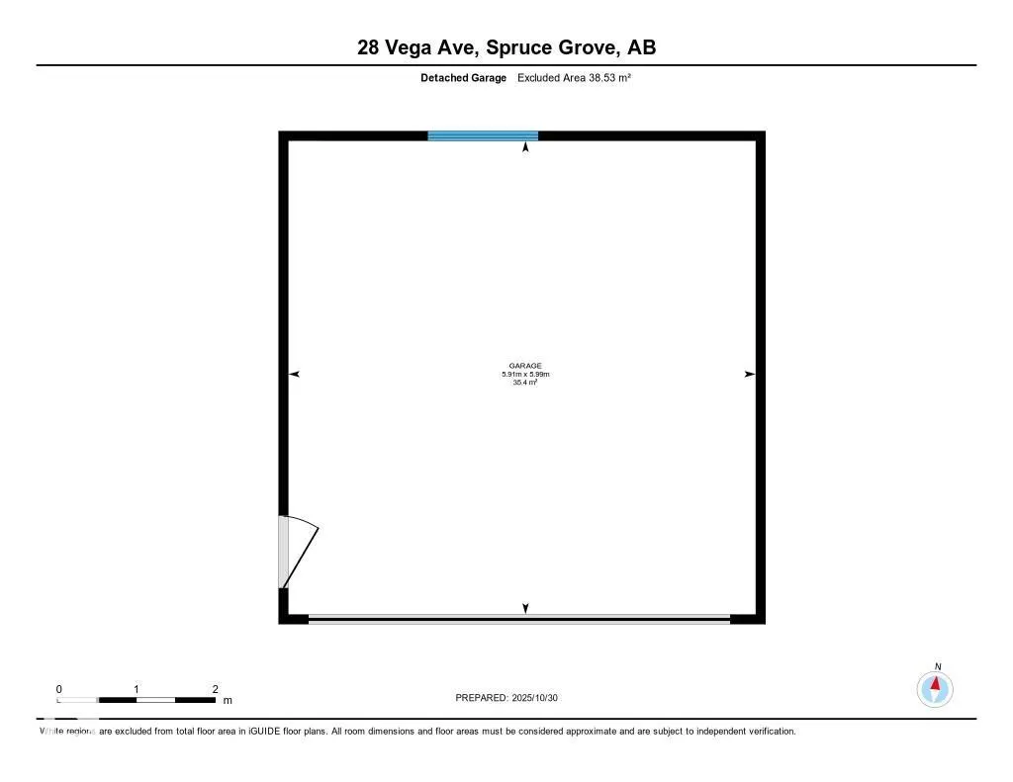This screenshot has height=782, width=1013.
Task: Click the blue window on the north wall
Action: pos(483,135)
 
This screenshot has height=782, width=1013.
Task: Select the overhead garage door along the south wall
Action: pos(518,619)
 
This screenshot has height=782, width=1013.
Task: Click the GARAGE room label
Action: pos(526,366)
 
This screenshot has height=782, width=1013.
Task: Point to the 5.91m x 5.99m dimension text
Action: pos(526,374)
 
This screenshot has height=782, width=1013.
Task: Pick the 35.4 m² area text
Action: pos(526,382)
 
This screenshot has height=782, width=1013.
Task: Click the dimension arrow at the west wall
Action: pos(294,374)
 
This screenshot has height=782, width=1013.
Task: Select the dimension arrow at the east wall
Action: pos(749,374)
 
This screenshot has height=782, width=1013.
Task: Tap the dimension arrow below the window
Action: pos(525,147)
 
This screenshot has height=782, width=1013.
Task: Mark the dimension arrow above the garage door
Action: pos(525,608)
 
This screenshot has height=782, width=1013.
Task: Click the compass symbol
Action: pos(935,688)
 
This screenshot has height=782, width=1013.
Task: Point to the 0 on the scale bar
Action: pos(59,688)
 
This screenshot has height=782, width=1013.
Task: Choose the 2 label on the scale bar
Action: pos(215,688)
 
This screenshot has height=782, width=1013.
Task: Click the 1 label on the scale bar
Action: pos(137,688)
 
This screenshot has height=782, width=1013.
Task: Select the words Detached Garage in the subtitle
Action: pos(463,77)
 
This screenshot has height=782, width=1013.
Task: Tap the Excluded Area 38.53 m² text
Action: pos(574,77)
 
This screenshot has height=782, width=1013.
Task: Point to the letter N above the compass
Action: pos(937,666)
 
